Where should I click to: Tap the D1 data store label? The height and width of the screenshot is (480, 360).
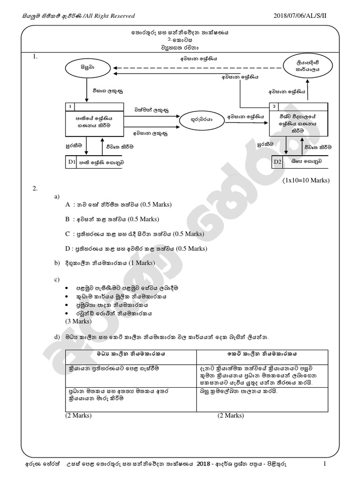click(72, 162)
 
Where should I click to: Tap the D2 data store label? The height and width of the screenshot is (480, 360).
click(278, 162)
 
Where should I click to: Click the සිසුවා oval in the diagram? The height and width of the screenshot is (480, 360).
click(87, 67)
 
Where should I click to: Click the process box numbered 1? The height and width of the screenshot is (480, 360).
click(94, 119)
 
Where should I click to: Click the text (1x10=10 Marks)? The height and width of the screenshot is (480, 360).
click(306, 180)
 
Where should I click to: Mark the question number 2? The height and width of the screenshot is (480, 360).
click(35, 188)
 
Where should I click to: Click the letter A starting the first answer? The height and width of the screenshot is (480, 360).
click(68, 205)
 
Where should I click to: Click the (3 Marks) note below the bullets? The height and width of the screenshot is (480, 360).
click(78, 321)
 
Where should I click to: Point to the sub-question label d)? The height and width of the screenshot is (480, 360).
click(57, 337)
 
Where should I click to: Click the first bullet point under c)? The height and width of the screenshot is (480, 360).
click(67, 288)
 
